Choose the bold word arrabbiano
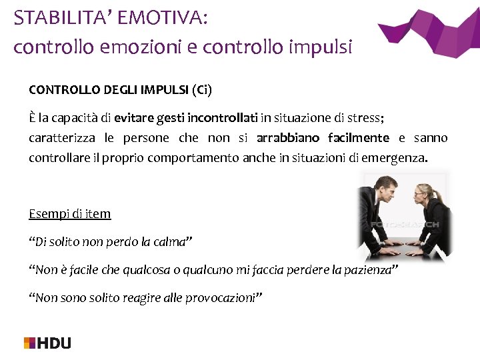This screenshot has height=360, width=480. pyautogui.click(x=288, y=138)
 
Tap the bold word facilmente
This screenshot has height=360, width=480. pyautogui.click(x=359, y=138)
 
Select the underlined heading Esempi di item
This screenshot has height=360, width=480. pyautogui.click(x=70, y=214)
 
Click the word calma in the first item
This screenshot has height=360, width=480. pyautogui.click(x=171, y=242)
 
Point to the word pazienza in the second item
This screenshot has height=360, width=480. pyautogui.click(x=370, y=269)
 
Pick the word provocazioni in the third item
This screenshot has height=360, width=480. pyautogui.click(x=225, y=298)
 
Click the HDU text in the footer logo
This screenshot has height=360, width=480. pyautogui.click(x=54, y=343)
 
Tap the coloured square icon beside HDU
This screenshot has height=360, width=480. pyautogui.click(x=29, y=343)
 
